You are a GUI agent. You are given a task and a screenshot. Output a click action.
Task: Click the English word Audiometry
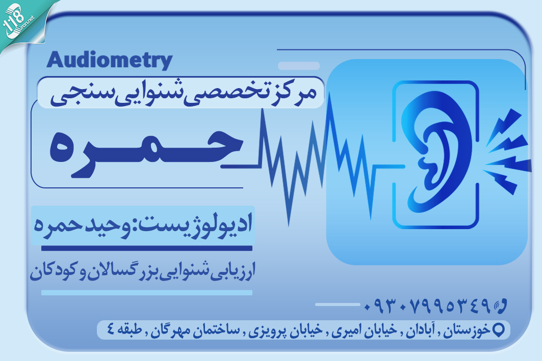pyautogui.click(x=109, y=61)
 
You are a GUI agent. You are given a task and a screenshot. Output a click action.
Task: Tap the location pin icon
pyautogui.click(x=499, y=329)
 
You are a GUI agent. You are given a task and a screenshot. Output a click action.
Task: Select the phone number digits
pyautogui.click(x=427, y=306)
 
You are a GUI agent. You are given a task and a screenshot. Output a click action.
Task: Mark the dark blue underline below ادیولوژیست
pyautogui.click(x=146, y=248)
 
